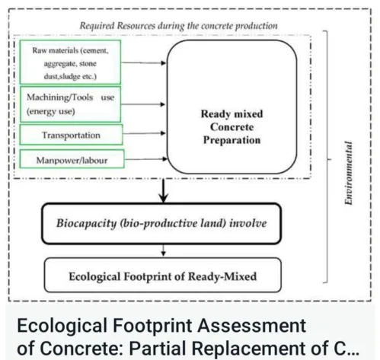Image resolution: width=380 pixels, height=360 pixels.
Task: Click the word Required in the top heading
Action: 101,25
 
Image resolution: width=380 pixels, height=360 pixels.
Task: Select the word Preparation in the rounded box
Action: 232,141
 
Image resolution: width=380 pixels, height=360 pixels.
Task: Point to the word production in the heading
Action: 252,25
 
